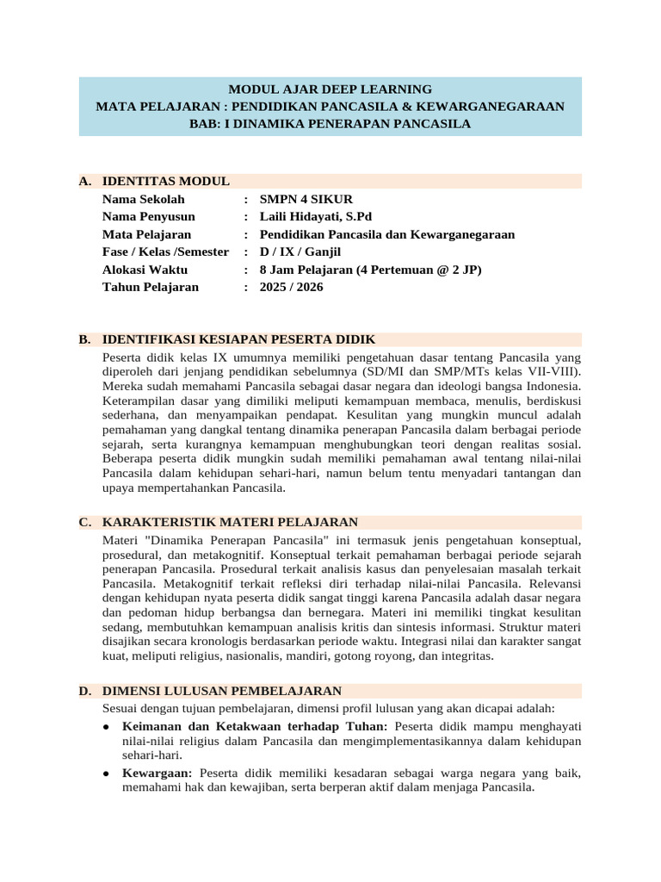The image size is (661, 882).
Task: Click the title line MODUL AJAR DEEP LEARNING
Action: (x=330, y=89)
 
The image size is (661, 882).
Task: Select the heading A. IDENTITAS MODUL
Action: (x=165, y=181)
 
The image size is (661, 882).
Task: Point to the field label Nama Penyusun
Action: (x=148, y=216)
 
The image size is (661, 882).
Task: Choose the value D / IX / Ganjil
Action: (x=300, y=252)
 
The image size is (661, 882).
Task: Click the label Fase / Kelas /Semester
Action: (x=165, y=252)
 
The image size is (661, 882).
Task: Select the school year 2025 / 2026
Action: (x=292, y=287)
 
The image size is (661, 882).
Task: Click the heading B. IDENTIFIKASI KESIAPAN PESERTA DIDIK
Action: (x=238, y=339)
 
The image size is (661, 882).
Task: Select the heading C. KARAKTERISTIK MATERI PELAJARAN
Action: (x=230, y=522)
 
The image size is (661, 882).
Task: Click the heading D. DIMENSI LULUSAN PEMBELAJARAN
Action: (x=221, y=691)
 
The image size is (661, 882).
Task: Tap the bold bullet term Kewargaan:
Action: (x=158, y=771)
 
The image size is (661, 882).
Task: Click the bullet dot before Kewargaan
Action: (x=105, y=772)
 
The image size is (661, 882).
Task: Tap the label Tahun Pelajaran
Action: (x=150, y=287)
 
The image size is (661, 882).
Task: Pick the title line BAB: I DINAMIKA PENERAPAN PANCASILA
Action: (x=330, y=123)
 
